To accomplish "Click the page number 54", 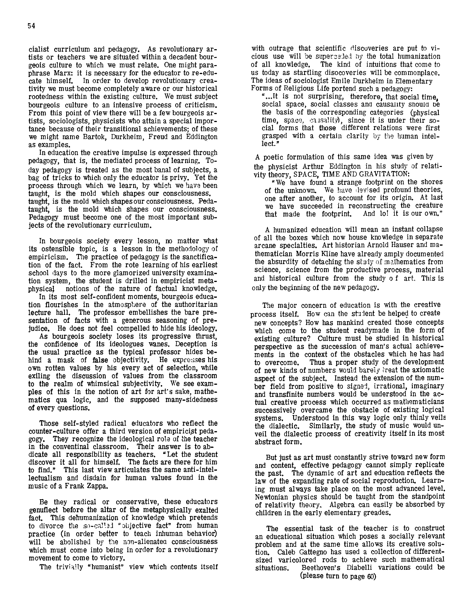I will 31,26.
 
